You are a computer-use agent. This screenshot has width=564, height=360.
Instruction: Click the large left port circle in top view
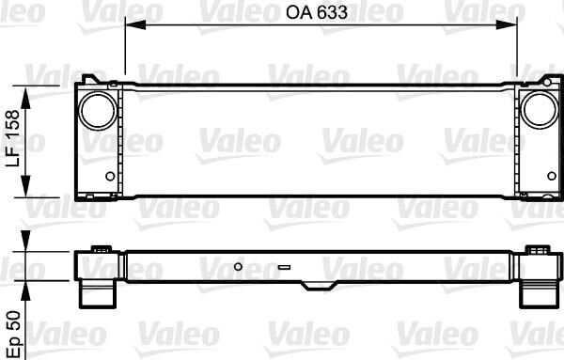[x=93, y=110]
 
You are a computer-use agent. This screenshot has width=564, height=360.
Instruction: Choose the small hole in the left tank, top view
[x=111, y=177]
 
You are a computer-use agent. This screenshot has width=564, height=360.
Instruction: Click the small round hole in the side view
[x=239, y=266]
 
